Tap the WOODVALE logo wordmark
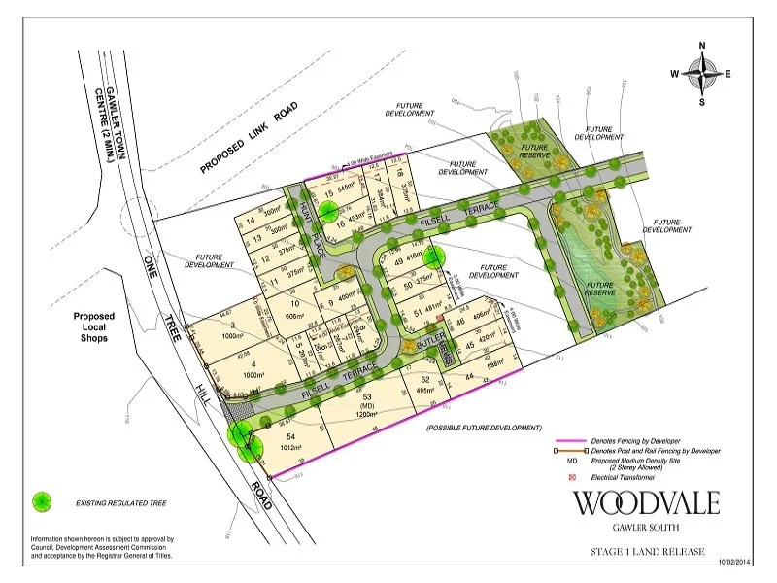[645, 503]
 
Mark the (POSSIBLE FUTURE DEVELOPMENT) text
[484, 428]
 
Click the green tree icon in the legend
[42, 502]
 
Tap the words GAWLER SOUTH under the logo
[646, 529]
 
